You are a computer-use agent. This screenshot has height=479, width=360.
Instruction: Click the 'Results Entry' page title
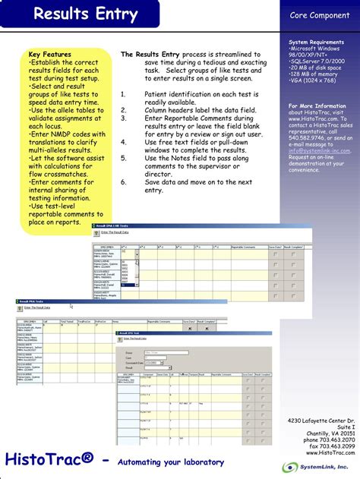(85, 14)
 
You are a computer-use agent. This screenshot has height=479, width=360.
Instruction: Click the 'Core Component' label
(319, 15)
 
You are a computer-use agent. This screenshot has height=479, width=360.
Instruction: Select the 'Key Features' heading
(50, 55)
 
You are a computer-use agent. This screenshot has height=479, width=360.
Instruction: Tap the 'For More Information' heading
(317, 106)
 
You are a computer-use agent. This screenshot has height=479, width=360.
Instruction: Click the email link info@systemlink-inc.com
(320, 150)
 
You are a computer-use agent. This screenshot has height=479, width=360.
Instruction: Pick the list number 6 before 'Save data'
(123, 183)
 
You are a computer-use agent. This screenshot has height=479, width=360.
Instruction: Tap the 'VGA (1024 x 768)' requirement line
(314, 80)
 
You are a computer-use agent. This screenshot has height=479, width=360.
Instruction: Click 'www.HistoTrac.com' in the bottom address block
(327, 453)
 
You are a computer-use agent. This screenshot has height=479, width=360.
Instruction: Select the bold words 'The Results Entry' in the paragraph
(149, 55)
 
